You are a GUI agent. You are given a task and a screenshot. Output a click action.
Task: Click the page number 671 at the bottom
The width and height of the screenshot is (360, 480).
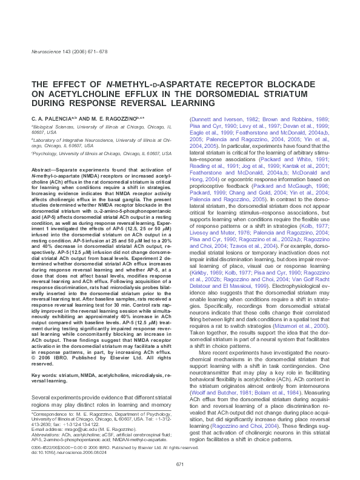[180, 464]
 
